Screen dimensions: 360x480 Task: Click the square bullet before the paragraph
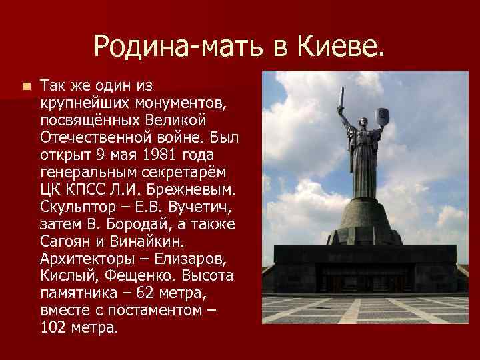(25, 87)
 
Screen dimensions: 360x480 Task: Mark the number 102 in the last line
(51, 328)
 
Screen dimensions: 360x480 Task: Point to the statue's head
(364, 121)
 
